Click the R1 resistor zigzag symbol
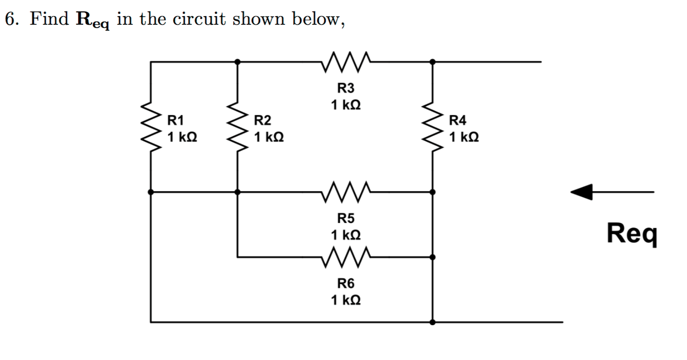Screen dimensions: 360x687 152,127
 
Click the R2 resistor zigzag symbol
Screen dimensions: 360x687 237,127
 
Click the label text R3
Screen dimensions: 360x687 346,88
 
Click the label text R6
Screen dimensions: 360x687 346,283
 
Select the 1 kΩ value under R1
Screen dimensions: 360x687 182,137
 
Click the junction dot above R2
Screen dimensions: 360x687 237,61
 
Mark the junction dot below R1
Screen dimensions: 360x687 152,192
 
